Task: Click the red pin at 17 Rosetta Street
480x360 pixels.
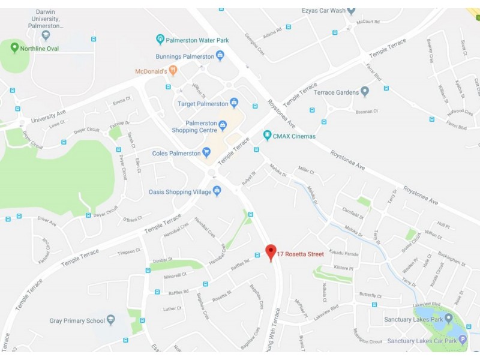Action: tap(271, 251)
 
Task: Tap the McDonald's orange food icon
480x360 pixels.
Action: tap(173, 71)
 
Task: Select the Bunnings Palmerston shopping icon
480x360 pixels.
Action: tap(220, 56)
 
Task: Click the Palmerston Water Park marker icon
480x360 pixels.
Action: tap(160, 40)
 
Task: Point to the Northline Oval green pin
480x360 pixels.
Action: tap(14, 47)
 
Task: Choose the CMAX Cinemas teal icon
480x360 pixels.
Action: tap(268, 136)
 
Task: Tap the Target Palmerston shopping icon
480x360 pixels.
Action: tap(234, 103)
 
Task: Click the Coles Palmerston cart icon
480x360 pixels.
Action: tap(207, 152)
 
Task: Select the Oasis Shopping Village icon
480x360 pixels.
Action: tap(217, 191)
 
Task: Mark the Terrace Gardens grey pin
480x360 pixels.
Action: tap(365, 92)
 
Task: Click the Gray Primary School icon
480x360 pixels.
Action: tap(110, 320)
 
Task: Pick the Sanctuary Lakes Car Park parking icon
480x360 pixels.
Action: tap(463, 340)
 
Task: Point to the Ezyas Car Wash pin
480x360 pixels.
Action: tap(352, 10)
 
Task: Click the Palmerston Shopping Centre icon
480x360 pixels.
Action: tap(223, 125)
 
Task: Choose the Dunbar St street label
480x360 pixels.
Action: tap(162, 260)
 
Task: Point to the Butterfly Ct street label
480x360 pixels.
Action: tap(370, 295)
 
